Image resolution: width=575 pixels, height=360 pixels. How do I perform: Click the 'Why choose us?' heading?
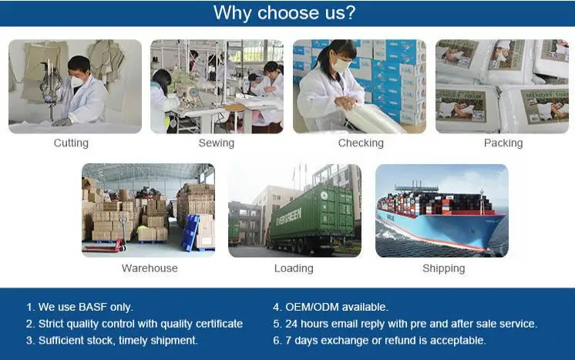click(x=284, y=13)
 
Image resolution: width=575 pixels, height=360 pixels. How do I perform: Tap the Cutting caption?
click(x=71, y=143)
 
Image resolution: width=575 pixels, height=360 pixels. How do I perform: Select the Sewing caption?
click(x=217, y=143)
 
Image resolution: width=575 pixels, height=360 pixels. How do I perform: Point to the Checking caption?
click(x=361, y=143)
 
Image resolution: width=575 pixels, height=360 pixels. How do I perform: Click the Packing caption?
click(x=503, y=143)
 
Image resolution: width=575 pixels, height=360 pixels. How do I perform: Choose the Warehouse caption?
click(x=150, y=268)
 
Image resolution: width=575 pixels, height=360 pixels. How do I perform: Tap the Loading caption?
click(x=294, y=268)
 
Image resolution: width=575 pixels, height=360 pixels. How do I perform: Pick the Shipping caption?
click(x=444, y=268)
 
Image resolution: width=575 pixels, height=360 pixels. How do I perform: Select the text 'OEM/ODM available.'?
click(x=337, y=307)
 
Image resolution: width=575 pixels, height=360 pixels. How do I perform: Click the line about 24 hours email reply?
click(x=405, y=324)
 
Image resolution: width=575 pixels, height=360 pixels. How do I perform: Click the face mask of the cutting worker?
click(x=76, y=81)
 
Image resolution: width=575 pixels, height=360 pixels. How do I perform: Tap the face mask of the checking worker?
click(x=341, y=66)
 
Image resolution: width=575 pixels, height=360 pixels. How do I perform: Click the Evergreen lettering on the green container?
click(x=288, y=217)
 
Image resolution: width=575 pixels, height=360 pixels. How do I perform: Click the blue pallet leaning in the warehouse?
click(x=191, y=233)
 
